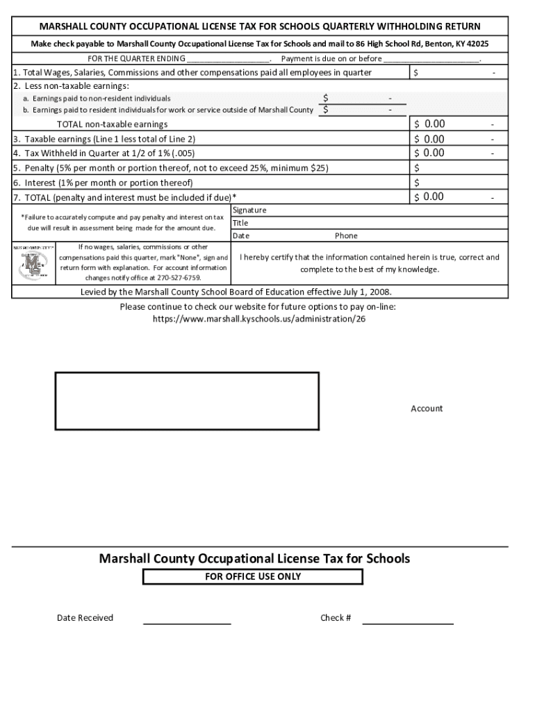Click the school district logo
tap(34, 262)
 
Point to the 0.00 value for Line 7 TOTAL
tap(434, 197)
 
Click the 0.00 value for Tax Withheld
tap(434, 153)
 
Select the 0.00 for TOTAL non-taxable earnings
tap(434, 124)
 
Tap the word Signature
tap(249, 210)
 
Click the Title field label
tap(240, 224)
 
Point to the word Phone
tap(347, 236)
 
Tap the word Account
tap(427, 409)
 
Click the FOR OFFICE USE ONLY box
tap(253, 577)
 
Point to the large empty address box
tap(187, 401)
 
